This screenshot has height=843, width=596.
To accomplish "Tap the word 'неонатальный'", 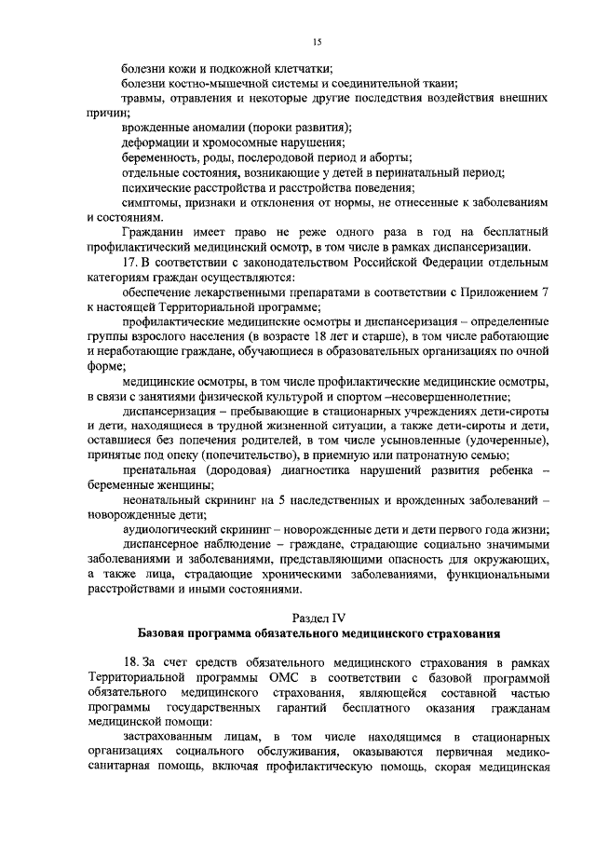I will (166, 499).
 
